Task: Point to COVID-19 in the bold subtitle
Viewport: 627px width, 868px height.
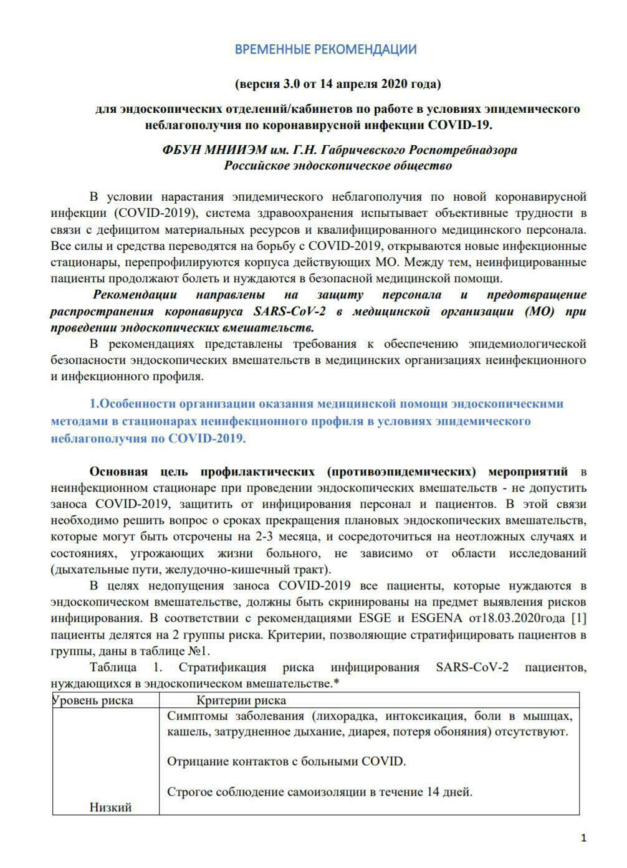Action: pos(459,125)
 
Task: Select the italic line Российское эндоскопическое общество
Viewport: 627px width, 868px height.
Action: pos(338,166)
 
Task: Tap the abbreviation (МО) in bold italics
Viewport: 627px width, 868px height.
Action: pos(540,311)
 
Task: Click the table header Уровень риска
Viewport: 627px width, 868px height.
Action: pos(93,700)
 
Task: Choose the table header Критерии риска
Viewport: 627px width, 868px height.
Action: pos(241,700)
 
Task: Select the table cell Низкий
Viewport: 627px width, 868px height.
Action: pos(110,808)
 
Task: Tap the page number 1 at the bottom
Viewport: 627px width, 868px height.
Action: pos(583,839)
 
